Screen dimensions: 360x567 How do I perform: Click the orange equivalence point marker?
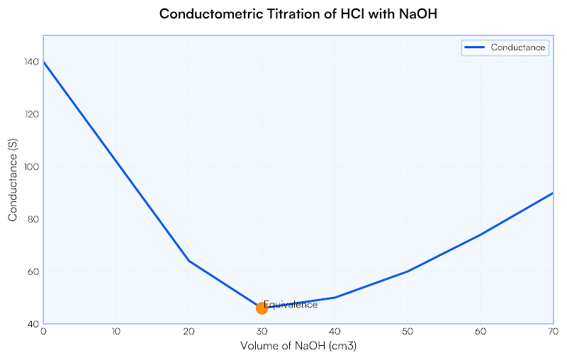pos(262,308)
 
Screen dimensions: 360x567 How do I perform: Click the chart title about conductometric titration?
pos(283,13)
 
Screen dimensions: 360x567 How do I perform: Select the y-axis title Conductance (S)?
pos(13,180)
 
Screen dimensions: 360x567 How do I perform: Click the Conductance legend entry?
pos(505,47)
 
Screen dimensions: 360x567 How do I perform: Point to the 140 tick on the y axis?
pos(31,62)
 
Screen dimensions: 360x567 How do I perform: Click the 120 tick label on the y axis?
pos(31,114)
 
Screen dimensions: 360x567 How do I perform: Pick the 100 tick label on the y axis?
pos(31,167)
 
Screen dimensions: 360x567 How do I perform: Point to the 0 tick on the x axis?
pos(43,331)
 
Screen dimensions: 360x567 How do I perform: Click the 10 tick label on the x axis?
pos(116,331)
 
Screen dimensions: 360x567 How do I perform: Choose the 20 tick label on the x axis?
pos(189,331)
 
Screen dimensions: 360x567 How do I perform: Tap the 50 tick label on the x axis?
pos(407,331)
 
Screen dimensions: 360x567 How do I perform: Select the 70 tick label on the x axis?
pos(552,331)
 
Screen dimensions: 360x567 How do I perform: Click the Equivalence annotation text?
pos(291,305)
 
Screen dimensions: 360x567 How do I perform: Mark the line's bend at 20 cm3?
pos(189,261)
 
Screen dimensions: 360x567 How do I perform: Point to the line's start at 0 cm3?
pos(44,62)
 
